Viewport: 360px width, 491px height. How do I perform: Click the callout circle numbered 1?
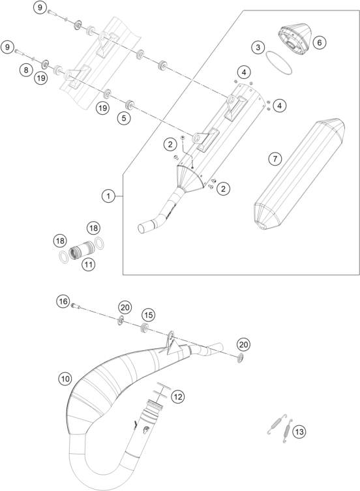[x=108, y=196]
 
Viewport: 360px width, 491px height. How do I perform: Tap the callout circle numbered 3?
[x=258, y=48]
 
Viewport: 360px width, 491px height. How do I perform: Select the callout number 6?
[x=320, y=42]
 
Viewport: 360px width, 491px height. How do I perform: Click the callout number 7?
[x=275, y=159]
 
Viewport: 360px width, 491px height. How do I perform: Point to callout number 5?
[x=124, y=119]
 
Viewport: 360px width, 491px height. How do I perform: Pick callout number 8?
[x=26, y=70]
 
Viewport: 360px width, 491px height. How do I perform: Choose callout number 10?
[x=65, y=379]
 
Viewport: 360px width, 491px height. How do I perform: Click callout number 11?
[x=88, y=265]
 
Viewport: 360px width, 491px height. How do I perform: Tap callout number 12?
[x=177, y=397]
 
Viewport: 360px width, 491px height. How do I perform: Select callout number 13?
[x=299, y=432]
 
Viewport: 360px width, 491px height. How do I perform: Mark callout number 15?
[x=149, y=315]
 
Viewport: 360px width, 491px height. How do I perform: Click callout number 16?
[x=63, y=301]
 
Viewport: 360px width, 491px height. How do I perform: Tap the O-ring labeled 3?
[x=279, y=63]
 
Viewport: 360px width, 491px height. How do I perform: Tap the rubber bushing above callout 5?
[x=128, y=104]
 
